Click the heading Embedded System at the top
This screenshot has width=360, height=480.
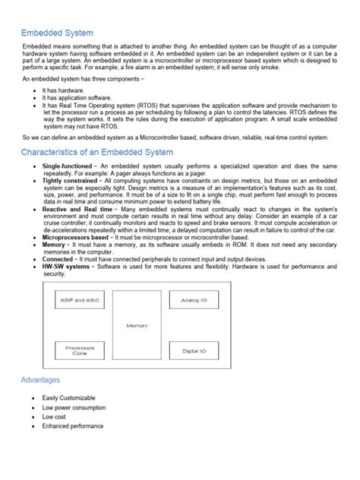(x=57, y=33)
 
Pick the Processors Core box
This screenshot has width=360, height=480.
(x=80, y=350)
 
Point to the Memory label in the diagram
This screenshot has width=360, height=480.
(x=137, y=324)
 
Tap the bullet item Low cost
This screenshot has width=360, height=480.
(x=55, y=417)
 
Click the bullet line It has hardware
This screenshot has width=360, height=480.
(x=65, y=89)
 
